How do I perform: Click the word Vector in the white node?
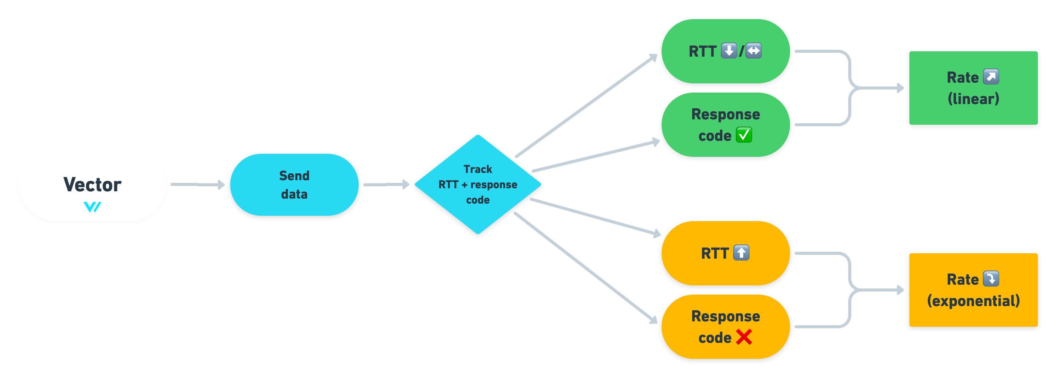92,184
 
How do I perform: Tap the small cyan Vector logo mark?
92,207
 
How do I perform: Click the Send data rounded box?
294,185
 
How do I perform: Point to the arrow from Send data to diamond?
386,185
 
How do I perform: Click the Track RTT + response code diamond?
478,184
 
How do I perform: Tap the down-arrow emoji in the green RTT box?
729,51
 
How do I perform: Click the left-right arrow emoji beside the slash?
753,51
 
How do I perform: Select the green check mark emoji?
743,135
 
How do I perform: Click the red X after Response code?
743,337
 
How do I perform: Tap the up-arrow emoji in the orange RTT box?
741,253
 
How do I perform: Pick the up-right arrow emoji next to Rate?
991,77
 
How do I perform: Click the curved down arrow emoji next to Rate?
991,279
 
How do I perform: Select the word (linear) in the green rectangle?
973,99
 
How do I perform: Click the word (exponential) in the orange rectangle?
973,301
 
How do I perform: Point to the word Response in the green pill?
725,114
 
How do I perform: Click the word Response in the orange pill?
725,316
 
